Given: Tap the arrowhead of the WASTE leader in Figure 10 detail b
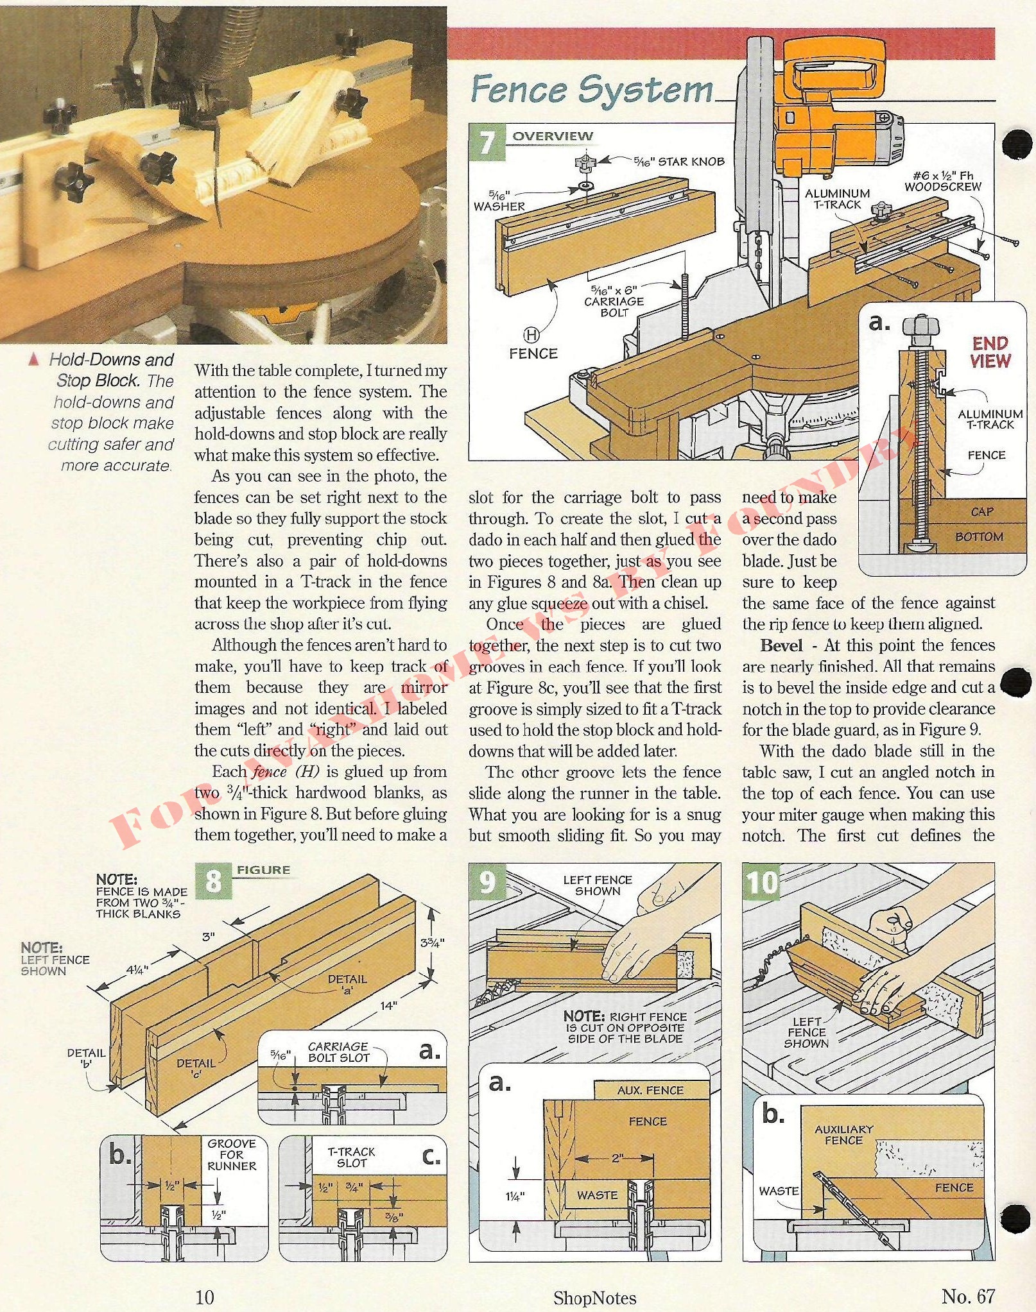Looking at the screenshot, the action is tap(822, 1211).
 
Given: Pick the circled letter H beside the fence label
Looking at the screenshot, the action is tap(531, 334).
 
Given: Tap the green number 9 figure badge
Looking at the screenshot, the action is tap(488, 881).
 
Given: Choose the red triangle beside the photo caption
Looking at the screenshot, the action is tap(34, 359).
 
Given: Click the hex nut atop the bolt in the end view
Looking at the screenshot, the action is tap(920, 326).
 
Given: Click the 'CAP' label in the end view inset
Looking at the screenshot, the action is tap(982, 511).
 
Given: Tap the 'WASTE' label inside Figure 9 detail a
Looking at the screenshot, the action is tap(597, 1195).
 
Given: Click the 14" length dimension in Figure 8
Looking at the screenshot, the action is tap(388, 1005).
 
